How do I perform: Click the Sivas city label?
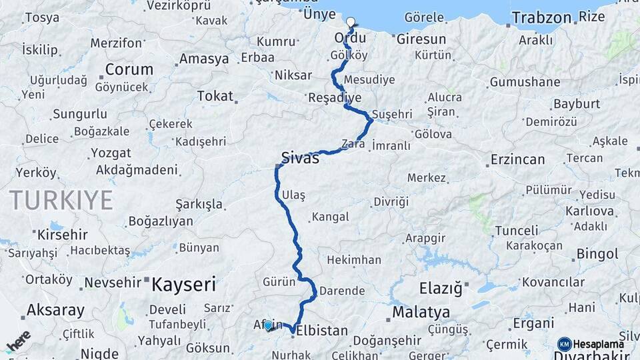[300, 159]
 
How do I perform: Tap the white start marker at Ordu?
[351, 22]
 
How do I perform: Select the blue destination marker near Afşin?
[268, 325]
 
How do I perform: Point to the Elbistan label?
[322, 331]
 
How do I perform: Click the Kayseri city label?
[183, 285]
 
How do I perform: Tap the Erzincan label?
[517, 160]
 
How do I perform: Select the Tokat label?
[214, 97]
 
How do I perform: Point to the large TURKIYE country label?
[61, 199]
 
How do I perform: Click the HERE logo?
[18, 341]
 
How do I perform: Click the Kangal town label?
[330, 217]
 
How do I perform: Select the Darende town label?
[342, 291]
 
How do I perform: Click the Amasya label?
[204, 59]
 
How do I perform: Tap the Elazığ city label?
[440, 289]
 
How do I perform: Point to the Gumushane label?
[525, 82]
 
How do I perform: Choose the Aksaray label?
[55, 311]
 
